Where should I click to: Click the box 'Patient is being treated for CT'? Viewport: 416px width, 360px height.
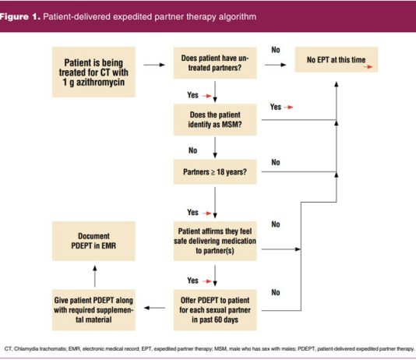93,72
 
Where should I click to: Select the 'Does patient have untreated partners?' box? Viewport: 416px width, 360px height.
215,63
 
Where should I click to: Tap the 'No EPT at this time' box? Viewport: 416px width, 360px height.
337,59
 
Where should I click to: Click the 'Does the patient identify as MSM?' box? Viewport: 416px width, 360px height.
215,120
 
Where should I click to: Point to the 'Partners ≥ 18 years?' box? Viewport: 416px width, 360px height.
215,172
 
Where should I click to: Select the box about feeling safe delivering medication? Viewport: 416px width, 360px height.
215,241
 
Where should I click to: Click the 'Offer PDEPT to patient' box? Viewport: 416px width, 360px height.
215,310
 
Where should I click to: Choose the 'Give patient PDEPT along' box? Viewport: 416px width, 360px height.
93,310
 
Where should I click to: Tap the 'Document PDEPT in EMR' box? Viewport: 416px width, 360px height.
93,241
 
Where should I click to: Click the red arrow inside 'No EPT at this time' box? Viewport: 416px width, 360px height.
368,67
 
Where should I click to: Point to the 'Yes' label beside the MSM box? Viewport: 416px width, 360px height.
276,107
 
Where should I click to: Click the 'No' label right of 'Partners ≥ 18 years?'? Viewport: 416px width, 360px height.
276,162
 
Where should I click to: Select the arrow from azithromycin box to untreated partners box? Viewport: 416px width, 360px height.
154,65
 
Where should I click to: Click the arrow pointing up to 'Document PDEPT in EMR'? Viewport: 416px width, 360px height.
95,276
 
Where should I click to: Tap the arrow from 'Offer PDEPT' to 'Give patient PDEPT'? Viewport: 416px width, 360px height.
154,308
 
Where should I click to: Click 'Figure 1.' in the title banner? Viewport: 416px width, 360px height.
20,16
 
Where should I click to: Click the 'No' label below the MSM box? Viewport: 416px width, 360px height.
193,150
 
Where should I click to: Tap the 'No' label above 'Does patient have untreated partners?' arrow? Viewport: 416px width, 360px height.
276,50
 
